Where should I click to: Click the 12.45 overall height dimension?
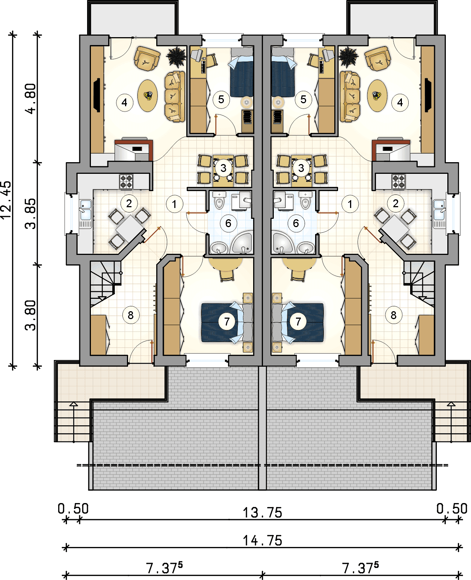(x=6, y=200)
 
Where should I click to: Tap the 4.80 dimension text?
(x=30, y=99)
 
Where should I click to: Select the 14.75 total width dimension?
(x=262, y=541)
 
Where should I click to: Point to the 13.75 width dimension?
(x=262, y=512)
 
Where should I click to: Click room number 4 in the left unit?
(x=124, y=102)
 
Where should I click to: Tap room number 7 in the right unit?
(x=298, y=322)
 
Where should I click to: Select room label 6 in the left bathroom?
(x=228, y=223)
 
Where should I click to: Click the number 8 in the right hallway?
(x=394, y=315)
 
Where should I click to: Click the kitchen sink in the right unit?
(x=439, y=210)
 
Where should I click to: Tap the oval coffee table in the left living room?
(x=147, y=96)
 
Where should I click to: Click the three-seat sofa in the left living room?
(x=175, y=96)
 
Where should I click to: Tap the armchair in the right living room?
(x=377, y=59)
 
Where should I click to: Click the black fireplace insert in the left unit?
(x=97, y=95)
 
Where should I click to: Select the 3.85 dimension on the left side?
(x=30, y=214)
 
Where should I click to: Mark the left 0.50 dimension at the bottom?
(x=73, y=509)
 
